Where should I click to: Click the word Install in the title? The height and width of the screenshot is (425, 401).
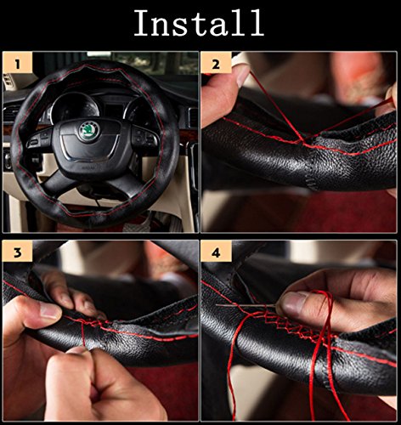point(199,23)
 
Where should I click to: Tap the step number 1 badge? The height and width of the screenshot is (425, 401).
point(18,63)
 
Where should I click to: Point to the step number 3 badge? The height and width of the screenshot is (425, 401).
point(18,252)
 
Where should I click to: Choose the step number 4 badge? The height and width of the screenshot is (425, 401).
point(216,252)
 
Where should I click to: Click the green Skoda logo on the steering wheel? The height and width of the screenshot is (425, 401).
point(89,131)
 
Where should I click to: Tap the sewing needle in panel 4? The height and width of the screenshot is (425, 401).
point(246,306)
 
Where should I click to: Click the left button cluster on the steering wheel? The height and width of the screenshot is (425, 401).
point(39,138)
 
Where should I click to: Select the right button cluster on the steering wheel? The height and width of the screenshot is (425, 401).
point(144,136)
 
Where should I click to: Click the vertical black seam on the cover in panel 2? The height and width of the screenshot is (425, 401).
point(312,167)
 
